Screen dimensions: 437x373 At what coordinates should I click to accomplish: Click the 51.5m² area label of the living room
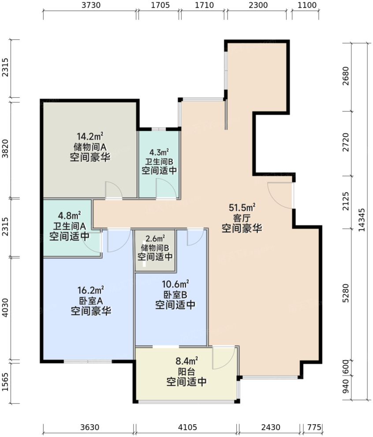pos(242,207)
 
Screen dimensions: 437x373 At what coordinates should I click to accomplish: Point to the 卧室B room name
pos(175,294)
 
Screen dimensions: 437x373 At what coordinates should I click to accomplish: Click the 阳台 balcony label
pos(186,372)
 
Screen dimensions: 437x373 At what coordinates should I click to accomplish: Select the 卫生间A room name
pos(69,226)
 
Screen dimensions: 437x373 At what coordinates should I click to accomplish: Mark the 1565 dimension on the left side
pos(6,383)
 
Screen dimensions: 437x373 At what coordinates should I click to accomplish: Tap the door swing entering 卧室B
pos(194,237)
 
